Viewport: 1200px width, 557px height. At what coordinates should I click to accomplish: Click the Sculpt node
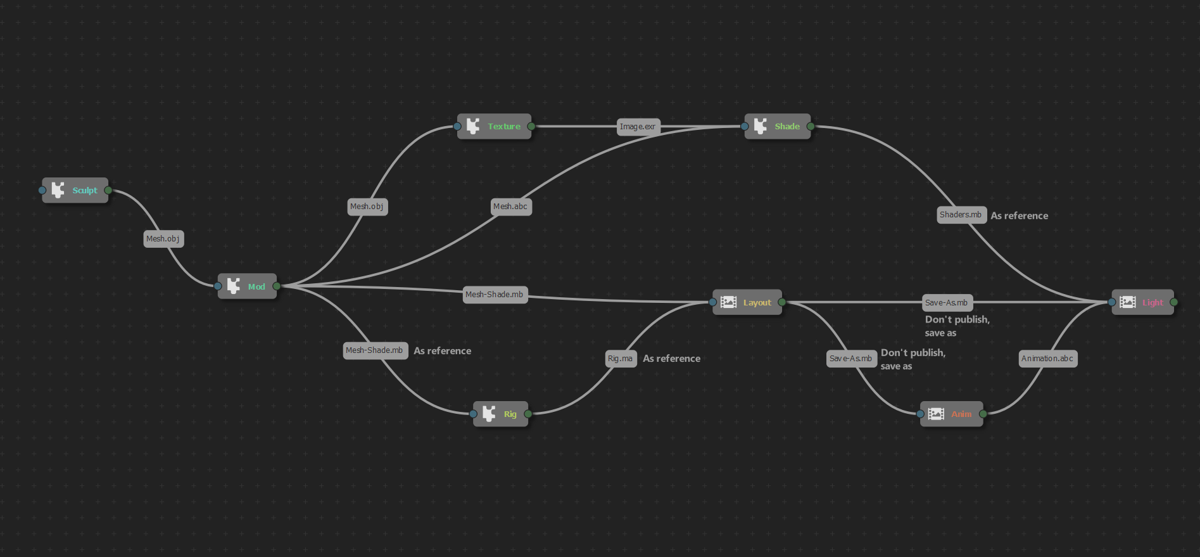point(75,190)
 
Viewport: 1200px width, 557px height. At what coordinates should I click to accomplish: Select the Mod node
point(248,286)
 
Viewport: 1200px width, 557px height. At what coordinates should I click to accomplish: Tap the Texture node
point(495,127)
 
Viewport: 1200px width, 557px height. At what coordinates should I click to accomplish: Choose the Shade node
point(778,127)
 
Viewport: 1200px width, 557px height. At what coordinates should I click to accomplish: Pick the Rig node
point(501,414)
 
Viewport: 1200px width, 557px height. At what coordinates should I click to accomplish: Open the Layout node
point(748,303)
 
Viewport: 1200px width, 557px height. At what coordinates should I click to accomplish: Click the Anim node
point(952,414)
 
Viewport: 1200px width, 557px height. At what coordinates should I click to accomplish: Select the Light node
point(1143,303)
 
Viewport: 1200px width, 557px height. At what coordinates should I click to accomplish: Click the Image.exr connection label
point(638,127)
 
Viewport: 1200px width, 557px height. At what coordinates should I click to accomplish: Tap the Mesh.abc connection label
point(510,207)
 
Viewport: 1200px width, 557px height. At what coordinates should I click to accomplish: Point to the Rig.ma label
point(621,359)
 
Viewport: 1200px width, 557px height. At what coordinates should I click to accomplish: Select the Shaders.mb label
point(961,215)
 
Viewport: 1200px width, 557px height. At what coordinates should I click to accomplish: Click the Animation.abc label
point(1047,359)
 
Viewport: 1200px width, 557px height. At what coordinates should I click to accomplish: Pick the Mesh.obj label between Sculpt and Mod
point(163,239)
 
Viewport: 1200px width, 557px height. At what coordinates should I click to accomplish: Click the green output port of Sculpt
point(108,190)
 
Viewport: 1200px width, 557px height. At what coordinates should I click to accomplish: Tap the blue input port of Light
point(1112,303)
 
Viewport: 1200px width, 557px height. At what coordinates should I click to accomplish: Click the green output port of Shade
point(811,127)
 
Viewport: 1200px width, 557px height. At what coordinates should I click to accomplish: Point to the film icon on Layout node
point(729,303)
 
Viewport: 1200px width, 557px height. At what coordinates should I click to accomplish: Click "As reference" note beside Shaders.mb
point(1020,216)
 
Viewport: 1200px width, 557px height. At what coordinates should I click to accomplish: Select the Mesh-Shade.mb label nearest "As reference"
point(375,350)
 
